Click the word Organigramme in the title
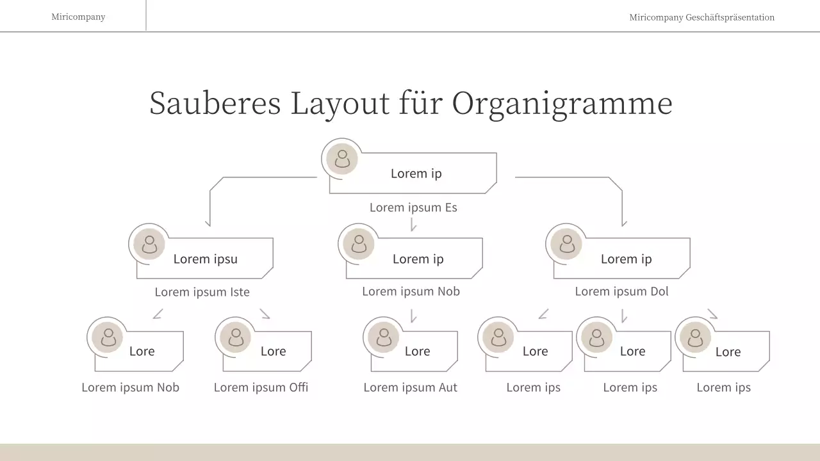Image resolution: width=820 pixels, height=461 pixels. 562,104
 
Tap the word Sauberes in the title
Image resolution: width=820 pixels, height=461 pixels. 215,102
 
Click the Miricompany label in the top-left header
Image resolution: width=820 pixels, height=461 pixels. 78,17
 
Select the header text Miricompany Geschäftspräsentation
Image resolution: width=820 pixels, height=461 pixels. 701,17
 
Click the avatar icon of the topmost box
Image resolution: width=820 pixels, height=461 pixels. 342,158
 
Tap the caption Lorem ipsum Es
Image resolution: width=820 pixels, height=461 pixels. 413,207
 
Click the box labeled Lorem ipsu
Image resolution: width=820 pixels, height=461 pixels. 205,259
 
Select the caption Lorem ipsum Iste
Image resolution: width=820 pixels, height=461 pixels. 202,292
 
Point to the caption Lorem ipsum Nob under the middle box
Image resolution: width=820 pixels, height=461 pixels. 411,291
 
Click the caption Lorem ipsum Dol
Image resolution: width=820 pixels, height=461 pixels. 621,291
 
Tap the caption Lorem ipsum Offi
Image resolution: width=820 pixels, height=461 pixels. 261,387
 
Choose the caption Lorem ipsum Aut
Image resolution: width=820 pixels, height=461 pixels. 410,387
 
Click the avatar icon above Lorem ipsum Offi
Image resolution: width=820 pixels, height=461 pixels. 236,337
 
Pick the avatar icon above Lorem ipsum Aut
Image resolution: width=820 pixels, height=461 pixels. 384,337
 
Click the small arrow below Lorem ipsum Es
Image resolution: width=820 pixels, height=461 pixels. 413,224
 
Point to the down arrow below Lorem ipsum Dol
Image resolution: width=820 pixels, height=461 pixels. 623,316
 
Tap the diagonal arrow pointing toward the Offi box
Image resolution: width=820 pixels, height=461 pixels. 265,314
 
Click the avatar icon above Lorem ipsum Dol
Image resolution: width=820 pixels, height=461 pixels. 567,244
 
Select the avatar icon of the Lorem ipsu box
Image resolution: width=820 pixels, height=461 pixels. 149,244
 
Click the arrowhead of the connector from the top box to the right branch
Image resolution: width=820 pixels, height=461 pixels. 623,223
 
